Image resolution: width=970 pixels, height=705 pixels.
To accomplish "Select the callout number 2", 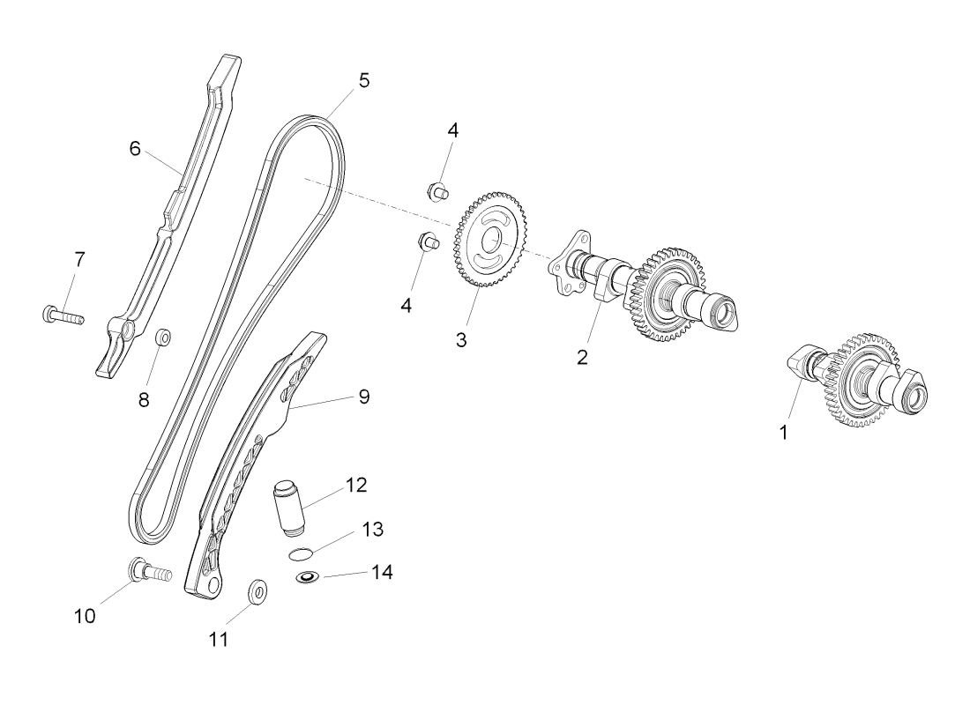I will (582, 357).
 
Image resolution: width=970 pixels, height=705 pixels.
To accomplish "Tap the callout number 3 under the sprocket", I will (461, 339).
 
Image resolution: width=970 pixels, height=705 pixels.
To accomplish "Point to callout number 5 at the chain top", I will (364, 80).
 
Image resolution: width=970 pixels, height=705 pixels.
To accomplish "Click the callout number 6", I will (135, 148).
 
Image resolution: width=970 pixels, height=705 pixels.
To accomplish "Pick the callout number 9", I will (363, 397).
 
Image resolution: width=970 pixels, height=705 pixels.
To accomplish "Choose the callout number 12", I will (357, 485).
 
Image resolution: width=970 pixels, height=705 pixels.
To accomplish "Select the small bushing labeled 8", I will (163, 338).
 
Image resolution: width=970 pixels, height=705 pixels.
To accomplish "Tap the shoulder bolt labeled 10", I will (145, 570).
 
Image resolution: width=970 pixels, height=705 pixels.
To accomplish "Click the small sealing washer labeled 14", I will (307, 578).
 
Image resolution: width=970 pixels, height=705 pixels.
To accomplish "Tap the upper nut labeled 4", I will (436, 189).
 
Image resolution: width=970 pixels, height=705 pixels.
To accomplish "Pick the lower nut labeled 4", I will (429, 240).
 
